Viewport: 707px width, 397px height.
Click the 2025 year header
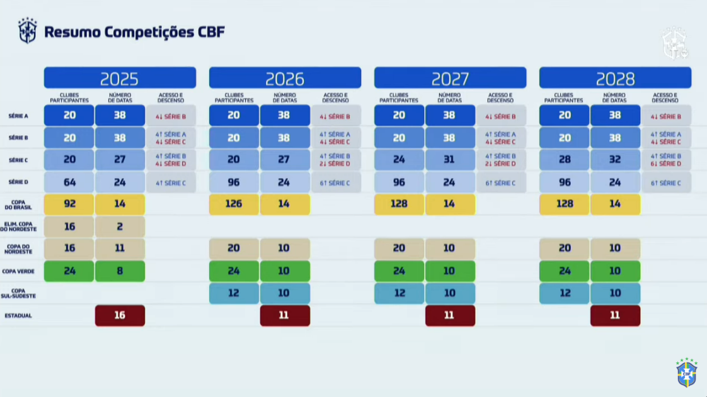(120, 78)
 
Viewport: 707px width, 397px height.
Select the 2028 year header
(615, 78)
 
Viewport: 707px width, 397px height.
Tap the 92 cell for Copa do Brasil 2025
(69, 204)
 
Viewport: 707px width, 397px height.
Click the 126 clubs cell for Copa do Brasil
(234, 204)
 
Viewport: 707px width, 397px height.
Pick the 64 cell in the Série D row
(69, 182)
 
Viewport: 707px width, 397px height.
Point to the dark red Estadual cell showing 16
(120, 315)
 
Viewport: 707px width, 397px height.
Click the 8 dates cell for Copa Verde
(120, 271)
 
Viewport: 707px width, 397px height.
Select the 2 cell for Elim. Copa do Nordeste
(120, 226)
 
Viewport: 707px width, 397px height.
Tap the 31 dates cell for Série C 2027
(449, 160)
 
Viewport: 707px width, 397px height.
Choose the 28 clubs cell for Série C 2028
(565, 160)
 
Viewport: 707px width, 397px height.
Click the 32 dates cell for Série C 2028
(615, 160)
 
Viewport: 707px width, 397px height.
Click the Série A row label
(18, 116)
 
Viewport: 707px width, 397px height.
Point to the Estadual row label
(18, 316)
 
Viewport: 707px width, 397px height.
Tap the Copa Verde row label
(18, 271)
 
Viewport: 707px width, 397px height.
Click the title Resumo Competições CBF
(134, 32)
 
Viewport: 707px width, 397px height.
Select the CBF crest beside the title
(28, 30)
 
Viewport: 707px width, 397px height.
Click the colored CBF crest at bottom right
(686, 373)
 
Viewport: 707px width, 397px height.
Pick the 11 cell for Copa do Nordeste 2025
(120, 249)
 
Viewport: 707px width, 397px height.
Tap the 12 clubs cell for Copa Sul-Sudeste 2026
(234, 293)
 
